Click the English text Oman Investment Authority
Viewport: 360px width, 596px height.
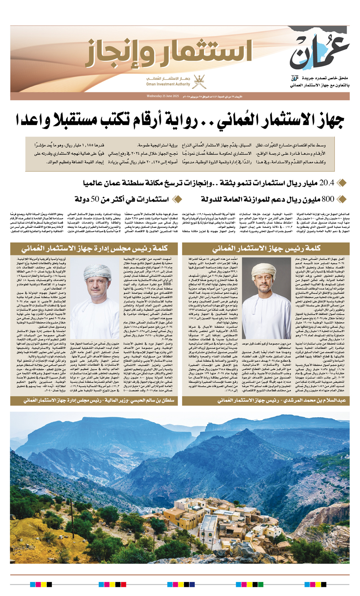point(168,84)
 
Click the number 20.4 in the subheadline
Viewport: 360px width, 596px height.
point(326,183)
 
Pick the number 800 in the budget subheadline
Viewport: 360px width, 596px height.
point(328,199)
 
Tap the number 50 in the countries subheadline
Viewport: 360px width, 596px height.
point(96,199)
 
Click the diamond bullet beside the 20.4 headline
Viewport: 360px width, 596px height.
point(341,183)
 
